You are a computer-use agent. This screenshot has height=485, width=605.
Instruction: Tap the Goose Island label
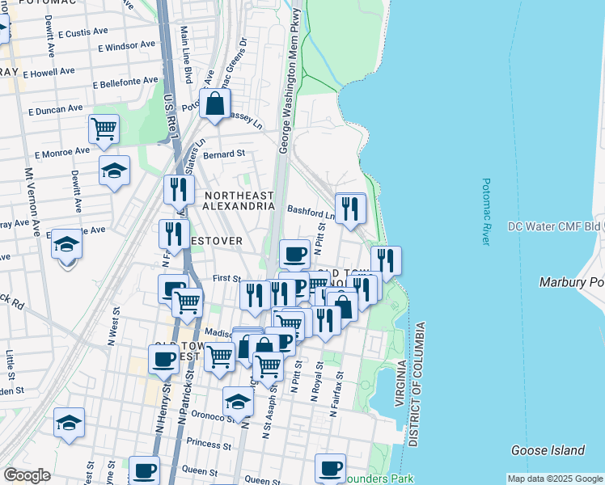click(x=548, y=450)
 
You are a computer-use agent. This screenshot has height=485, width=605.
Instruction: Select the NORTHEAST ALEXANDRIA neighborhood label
click(x=239, y=200)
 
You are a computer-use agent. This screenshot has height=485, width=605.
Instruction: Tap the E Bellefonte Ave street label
click(x=125, y=82)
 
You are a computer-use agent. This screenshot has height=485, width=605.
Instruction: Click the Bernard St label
click(x=224, y=154)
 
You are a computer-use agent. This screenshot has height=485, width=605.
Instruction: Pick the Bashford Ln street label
click(x=311, y=212)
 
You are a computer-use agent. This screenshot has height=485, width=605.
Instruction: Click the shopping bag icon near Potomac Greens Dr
click(x=215, y=104)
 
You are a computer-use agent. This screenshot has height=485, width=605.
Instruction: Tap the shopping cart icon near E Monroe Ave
click(x=104, y=129)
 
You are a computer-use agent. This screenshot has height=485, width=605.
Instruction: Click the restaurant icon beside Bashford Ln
click(x=350, y=209)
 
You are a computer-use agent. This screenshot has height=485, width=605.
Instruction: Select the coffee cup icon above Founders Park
click(x=330, y=468)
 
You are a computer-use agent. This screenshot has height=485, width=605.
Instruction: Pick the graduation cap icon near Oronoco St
click(x=238, y=402)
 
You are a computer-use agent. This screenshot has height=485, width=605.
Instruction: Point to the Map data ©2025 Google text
click(x=555, y=479)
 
